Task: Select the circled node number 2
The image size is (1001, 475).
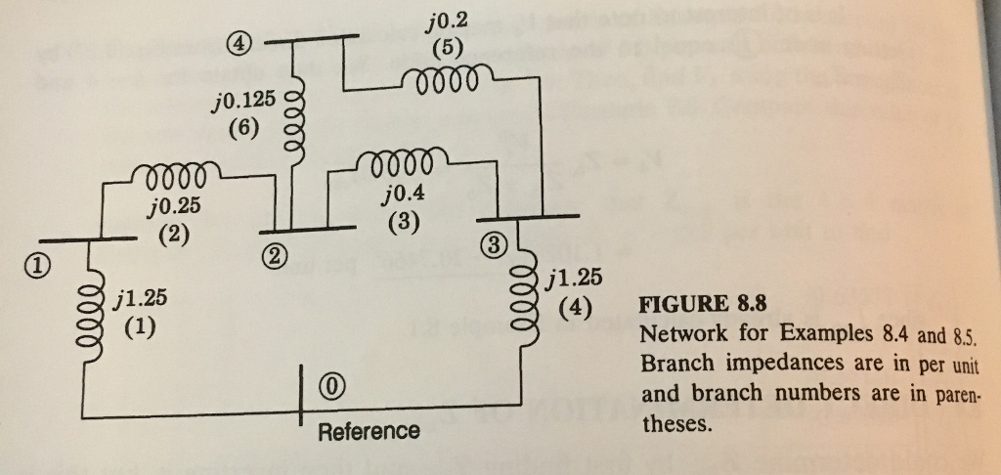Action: point(276,256)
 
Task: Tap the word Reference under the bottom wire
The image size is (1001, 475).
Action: point(370,431)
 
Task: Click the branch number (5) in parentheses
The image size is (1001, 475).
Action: point(447,47)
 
